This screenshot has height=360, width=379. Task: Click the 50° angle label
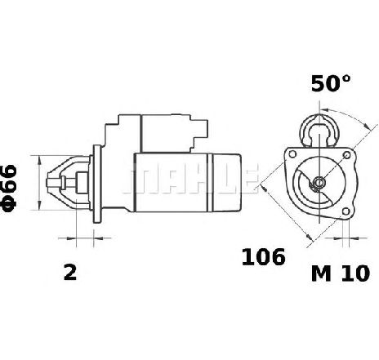tap(331, 83)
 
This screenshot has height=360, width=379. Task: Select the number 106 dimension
tap(264, 256)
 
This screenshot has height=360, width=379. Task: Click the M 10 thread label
tap(341, 273)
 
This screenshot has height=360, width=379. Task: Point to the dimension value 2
tap(70, 272)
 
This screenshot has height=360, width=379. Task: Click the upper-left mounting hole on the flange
tap(292, 154)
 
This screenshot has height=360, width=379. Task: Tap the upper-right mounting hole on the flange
tap(347, 155)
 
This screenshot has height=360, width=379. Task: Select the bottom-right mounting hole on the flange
tap(346, 211)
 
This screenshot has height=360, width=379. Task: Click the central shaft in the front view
tap(319, 182)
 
